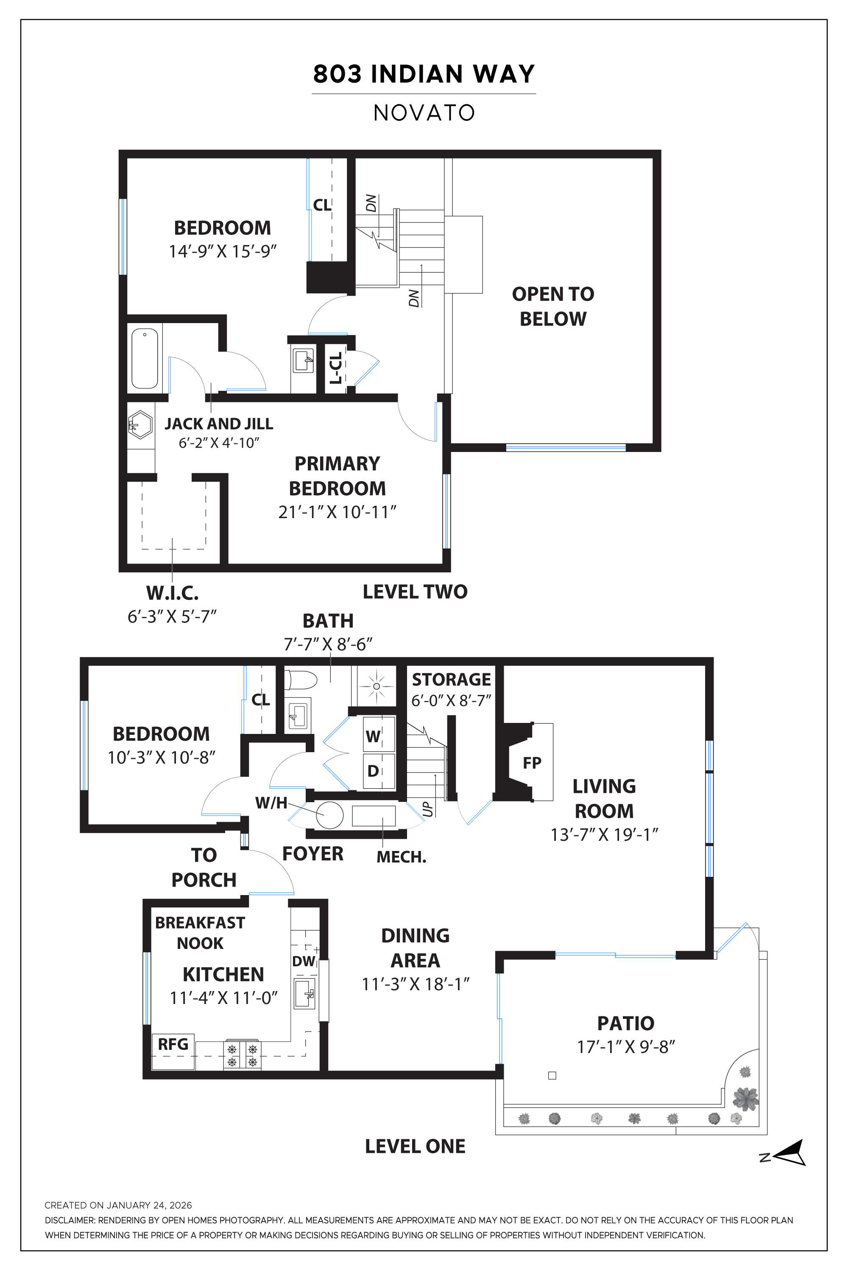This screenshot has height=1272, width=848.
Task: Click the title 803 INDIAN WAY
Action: (x=424, y=74)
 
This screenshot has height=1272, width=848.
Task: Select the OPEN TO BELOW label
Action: (x=553, y=306)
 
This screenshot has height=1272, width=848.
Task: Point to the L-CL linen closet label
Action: (x=336, y=368)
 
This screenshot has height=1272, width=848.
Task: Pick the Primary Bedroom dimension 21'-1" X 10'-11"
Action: (x=338, y=512)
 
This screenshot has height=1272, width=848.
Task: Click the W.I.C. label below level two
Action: (x=172, y=593)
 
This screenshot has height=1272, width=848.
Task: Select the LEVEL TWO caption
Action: (x=415, y=591)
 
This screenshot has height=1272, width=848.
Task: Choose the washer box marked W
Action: (x=373, y=736)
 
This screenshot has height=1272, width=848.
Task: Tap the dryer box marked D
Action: (x=373, y=771)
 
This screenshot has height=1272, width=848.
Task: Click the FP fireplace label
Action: (x=532, y=762)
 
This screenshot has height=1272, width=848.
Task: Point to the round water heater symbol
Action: (x=329, y=815)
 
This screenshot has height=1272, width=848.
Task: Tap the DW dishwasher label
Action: (x=304, y=961)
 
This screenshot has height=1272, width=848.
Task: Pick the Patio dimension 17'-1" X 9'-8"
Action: (x=626, y=1046)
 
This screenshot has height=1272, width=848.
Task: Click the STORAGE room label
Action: (x=451, y=679)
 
